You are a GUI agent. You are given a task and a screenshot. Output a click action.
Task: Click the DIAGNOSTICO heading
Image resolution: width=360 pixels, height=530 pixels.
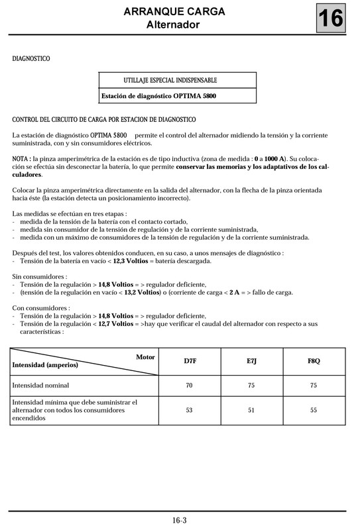click(31, 59)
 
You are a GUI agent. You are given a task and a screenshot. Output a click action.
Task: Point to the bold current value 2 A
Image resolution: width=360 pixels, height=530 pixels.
click(235, 292)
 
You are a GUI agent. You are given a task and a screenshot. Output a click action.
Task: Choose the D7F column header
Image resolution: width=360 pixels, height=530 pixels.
click(189, 361)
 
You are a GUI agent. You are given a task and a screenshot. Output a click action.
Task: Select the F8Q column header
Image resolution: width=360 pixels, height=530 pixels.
click(314, 361)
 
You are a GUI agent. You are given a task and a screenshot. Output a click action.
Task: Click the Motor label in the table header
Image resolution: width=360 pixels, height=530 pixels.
click(145, 357)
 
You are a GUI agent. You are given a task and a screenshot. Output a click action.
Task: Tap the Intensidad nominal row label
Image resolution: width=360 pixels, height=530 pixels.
click(40, 385)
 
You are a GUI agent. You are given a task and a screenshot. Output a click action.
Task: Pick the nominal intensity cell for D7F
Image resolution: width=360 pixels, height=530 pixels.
click(189, 385)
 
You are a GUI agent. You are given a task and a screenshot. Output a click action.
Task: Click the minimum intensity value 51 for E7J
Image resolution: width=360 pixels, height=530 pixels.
click(251, 410)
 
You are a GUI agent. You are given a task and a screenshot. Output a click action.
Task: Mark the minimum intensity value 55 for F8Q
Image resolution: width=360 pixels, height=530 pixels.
click(314, 410)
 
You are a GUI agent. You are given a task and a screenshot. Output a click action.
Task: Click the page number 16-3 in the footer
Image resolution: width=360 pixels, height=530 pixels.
click(179, 520)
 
